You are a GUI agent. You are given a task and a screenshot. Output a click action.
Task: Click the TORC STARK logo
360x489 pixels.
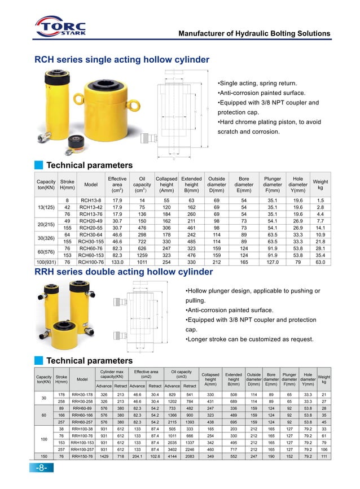click(x=62, y=28)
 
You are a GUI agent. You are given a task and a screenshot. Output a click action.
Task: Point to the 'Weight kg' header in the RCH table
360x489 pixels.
click(x=320, y=184)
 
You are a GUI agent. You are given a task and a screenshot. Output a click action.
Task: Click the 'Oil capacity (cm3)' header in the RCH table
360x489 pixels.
click(x=142, y=184)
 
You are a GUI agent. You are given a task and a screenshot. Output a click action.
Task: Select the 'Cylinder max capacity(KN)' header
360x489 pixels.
click(x=112, y=373)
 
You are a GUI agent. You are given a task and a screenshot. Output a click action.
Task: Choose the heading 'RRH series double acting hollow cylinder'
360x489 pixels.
click(x=124, y=272)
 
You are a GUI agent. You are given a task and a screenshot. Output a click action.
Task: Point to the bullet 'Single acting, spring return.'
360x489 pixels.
click(x=258, y=82)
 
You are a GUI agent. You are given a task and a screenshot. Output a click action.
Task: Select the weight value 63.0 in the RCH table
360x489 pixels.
click(x=320, y=262)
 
